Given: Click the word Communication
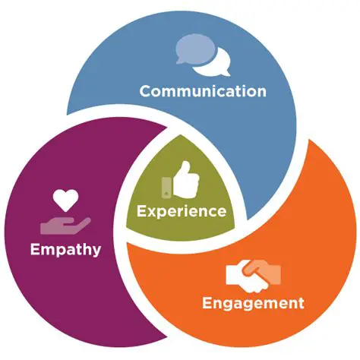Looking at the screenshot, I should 203,91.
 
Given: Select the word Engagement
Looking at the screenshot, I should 253,303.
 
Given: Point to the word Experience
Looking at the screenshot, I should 181,210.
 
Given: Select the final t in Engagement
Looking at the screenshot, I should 300,303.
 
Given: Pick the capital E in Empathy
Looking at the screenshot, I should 33,248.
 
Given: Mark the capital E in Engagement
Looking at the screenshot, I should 207,303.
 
